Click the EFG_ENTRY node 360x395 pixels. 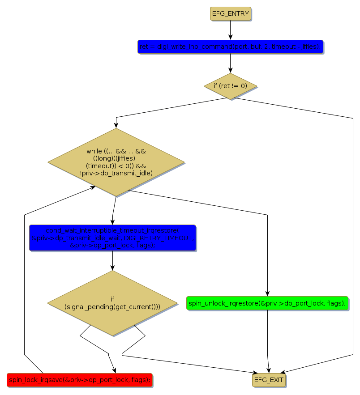tap(231, 14)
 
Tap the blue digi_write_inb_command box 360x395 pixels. tap(231, 47)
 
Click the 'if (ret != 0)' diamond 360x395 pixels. tap(231, 86)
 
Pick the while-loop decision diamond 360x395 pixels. tap(116, 162)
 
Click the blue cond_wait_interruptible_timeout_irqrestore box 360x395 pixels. tap(112, 238)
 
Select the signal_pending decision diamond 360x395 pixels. tap(112, 303)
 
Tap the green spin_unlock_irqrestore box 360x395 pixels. tap(267, 303)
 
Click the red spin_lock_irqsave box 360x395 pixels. tap(80, 380)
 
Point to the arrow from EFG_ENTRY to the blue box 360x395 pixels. tap(231, 30)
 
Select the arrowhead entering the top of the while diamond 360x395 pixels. tap(116, 125)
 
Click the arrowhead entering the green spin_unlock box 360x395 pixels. tap(267, 293)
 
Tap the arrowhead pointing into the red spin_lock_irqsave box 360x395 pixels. tap(115, 370)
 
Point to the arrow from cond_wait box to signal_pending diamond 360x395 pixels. tap(112, 260)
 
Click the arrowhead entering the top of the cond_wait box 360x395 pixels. tap(112, 221)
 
